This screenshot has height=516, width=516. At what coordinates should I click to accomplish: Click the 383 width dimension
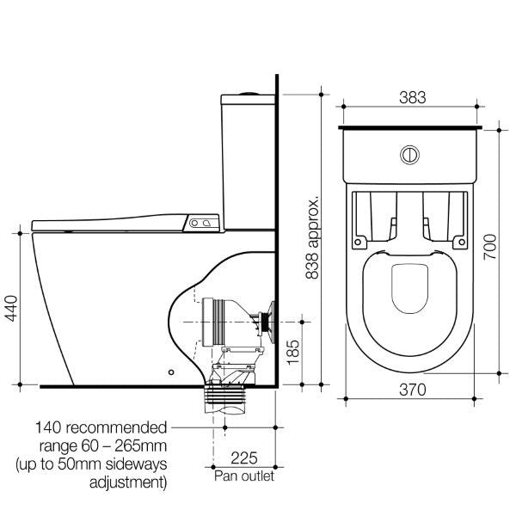pos(412,97)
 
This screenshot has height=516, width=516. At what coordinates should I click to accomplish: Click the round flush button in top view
pos(411,157)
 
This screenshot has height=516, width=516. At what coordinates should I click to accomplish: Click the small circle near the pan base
pos(171,373)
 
